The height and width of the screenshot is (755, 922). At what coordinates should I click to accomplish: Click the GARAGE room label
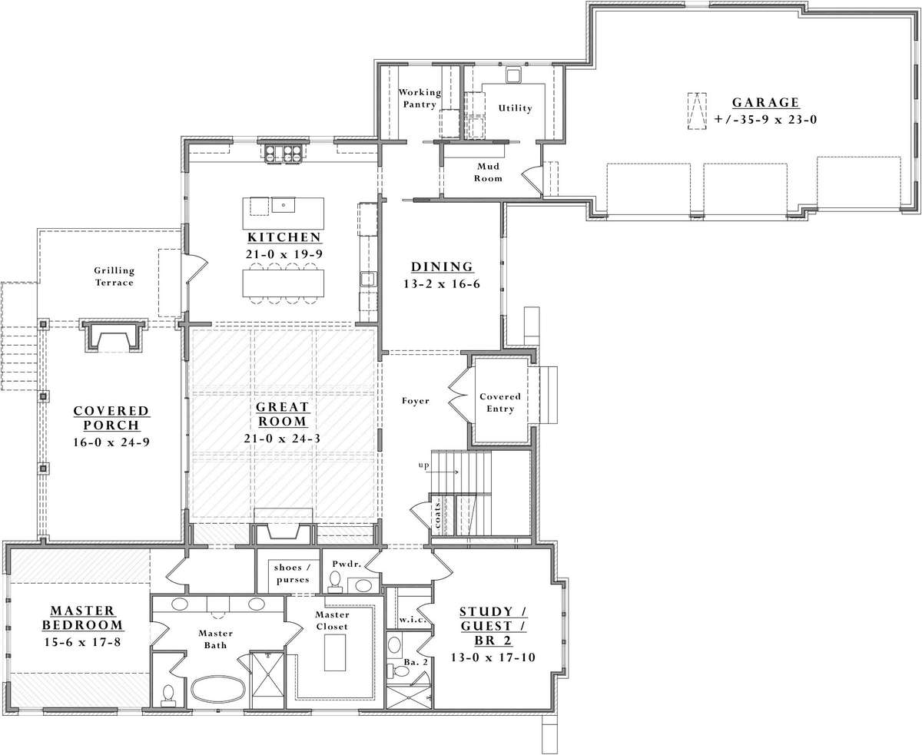[765, 102]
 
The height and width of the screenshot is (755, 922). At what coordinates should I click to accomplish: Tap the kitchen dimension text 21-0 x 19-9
[284, 254]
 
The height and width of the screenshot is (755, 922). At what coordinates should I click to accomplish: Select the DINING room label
[442, 267]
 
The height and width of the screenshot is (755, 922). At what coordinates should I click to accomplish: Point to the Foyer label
[416, 401]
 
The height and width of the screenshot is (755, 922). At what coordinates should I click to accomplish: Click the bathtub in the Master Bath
[217, 690]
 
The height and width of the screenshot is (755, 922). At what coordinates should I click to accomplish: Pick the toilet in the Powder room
[335, 582]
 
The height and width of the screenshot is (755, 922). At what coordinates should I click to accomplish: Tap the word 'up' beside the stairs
[423, 465]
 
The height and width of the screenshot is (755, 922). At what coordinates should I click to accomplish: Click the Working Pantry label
[420, 98]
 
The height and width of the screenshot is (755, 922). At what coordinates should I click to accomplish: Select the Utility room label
[515, 108]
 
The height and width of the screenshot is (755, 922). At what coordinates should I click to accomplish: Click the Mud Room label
[489, 172]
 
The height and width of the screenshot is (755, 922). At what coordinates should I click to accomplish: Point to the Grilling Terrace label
[114, 277]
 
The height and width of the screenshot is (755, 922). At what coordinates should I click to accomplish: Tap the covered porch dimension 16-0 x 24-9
[111, 442]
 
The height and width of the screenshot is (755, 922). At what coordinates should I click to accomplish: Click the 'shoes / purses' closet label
[293, 574]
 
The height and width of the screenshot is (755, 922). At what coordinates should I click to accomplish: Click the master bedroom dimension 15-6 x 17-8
[83, 642]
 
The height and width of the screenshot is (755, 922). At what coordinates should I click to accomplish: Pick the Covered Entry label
[500, 402]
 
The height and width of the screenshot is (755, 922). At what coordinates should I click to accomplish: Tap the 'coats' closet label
[437, 516]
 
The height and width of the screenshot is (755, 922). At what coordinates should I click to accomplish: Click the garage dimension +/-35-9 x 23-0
[765, 119]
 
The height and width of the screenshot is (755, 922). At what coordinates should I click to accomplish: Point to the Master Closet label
[332, 621]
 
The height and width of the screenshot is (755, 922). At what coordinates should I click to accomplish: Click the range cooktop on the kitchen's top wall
[284, 154]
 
